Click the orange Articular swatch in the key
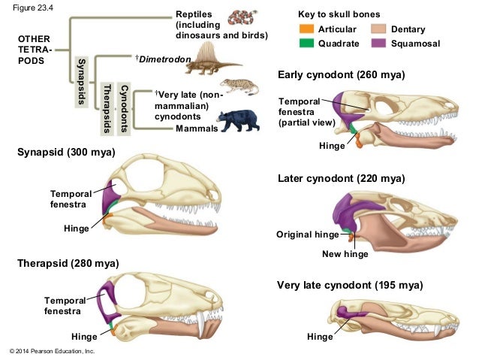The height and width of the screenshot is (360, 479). [305, 29]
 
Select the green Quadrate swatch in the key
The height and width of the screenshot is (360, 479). [305, 44]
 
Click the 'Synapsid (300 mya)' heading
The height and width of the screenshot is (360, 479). [65, 153]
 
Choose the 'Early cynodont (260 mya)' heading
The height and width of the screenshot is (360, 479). [341, 75]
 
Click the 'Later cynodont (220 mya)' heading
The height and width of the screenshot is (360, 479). [341, 178]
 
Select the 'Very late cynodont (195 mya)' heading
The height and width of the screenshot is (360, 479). [350, 286]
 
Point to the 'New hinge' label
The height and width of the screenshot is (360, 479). [345, 254]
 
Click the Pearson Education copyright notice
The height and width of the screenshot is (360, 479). [51, 351]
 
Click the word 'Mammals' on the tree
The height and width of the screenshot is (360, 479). [196, 129]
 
